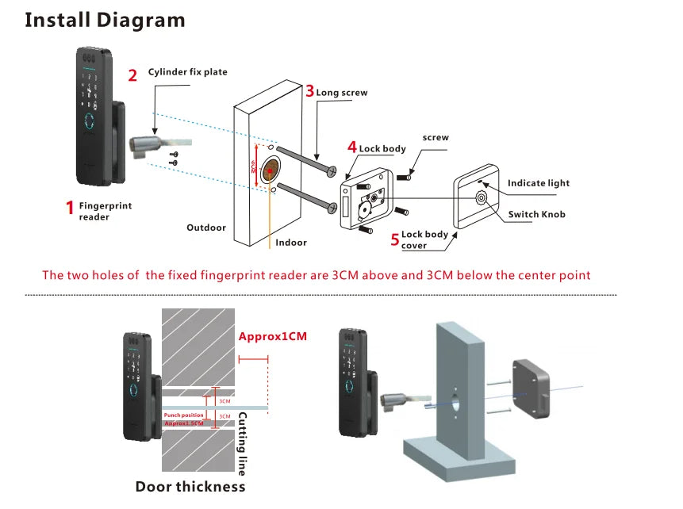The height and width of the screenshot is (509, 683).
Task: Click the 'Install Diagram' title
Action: pos(105,19)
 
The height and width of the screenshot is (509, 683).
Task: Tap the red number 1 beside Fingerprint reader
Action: pos(69,209)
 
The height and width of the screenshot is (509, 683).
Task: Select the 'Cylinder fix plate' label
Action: pos(187,72)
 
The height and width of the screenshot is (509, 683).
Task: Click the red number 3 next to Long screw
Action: pos(309,90)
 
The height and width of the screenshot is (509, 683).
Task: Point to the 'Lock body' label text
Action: pos(382,148)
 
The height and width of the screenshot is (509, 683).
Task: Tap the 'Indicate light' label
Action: pos(539,183)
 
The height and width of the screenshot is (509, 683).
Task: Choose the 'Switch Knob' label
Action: pos(536,214)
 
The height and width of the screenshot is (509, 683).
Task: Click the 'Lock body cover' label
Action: pos(424,239)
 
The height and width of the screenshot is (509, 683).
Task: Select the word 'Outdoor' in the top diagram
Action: pos(206,228)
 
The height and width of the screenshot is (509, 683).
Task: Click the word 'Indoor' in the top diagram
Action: pos(291,243)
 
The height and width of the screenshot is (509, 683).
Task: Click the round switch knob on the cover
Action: pos(481,197)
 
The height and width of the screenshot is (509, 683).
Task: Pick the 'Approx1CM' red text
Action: pos(272,336)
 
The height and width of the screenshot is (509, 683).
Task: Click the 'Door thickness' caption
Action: pos(190,486)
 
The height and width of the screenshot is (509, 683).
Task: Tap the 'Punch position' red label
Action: pos(183,415)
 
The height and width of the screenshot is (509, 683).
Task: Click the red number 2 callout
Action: pos(132,75)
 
